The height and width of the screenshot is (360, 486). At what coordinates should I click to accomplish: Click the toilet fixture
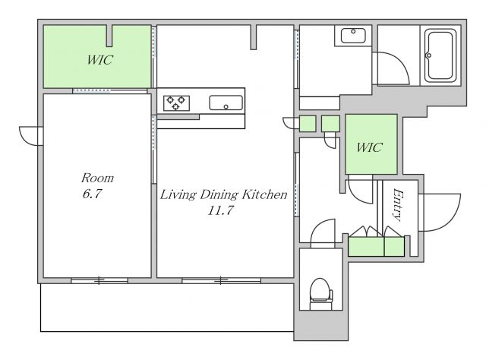(321, 294)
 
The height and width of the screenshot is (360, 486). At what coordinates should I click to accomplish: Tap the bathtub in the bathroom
(440, 55)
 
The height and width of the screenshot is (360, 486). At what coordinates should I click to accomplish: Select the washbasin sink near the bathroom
(353, 36)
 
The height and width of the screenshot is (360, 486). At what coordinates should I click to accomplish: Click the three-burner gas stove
(176, 103)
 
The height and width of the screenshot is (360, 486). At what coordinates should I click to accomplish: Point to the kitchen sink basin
(226, 103)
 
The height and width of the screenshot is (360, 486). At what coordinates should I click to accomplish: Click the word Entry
(398, 205)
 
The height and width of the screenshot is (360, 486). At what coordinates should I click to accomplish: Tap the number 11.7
(220, 211)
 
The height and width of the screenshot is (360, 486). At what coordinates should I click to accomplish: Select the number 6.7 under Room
(92, 194)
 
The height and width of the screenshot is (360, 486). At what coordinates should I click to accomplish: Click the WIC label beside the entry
(369, 147)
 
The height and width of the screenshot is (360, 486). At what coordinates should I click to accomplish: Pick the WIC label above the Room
(99, 59)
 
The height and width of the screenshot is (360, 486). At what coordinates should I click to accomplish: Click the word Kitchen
(264, 194)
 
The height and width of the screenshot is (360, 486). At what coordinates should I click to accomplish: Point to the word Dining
(219, 194)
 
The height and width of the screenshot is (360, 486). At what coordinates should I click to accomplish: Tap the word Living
(178, 195)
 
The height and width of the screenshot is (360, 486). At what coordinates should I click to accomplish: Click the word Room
(97, 178)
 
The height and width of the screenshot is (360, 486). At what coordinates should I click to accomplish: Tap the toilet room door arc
(317, 226)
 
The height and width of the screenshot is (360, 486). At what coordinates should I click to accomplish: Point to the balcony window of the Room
(99, 280)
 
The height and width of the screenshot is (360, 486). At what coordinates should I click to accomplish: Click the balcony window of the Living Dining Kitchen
(221, 280)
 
